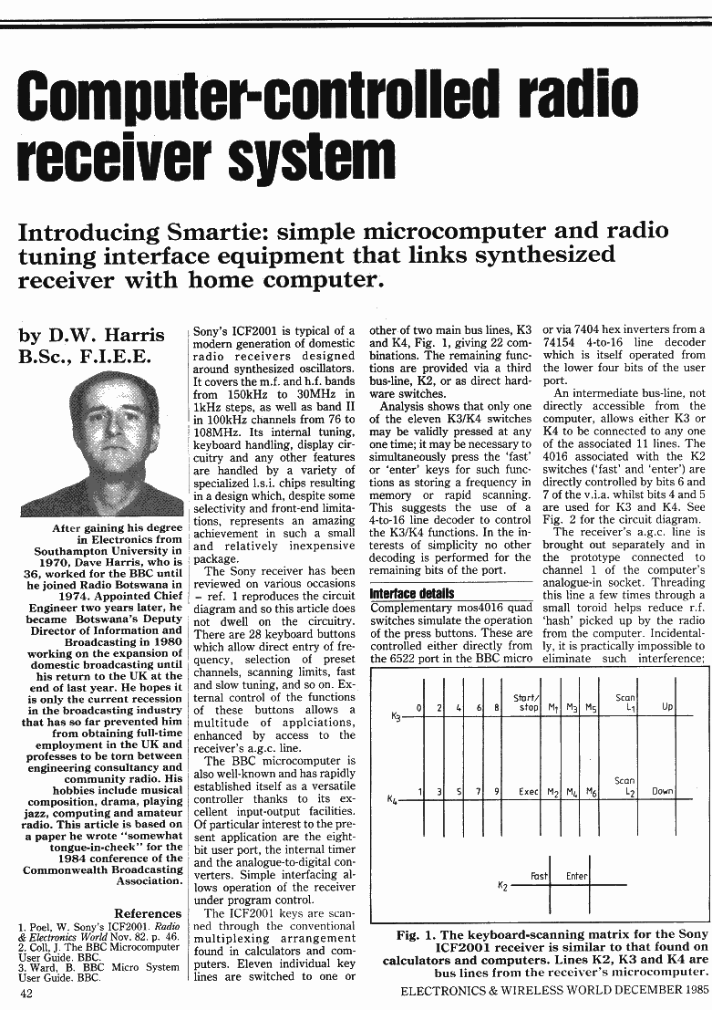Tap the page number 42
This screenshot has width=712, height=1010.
[27, 994]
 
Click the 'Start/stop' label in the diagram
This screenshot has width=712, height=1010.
[527, 702]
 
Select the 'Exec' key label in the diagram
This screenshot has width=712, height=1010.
[528, 792]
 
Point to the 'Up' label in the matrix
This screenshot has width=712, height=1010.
[667, 707]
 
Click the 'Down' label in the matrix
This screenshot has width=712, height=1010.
[663, 792]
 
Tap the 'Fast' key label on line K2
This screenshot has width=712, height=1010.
[539, 876]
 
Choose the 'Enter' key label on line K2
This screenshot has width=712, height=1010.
[576, 876]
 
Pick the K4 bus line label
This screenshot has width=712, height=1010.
[392, 801]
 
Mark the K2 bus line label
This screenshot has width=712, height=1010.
[502, 885]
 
